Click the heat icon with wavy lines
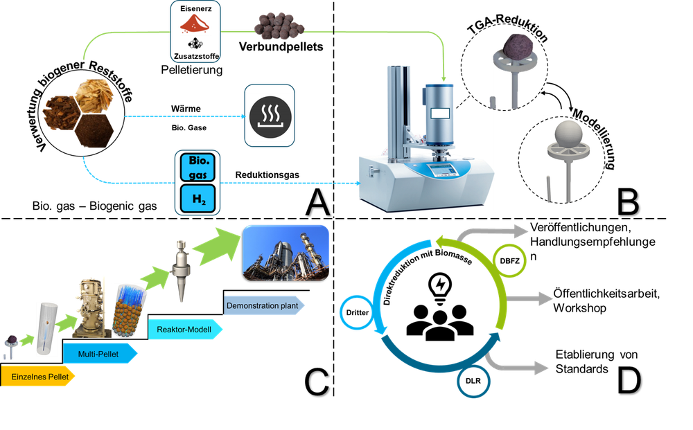pos(270,116)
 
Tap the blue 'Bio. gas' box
pos(198,168)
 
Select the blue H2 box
pos(198,199)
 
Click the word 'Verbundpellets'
pos(281,46)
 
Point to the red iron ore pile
pos(195,24)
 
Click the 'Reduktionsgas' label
pos(267,174)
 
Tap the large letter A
pos(317,201)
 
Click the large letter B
pos(628,201)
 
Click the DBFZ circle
pos(509,260)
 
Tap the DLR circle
pos(473,381)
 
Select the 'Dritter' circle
pos(357,312)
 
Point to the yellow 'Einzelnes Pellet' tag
pos(37,377)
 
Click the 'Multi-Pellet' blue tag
pos(100,354)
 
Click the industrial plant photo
pos(286,253)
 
